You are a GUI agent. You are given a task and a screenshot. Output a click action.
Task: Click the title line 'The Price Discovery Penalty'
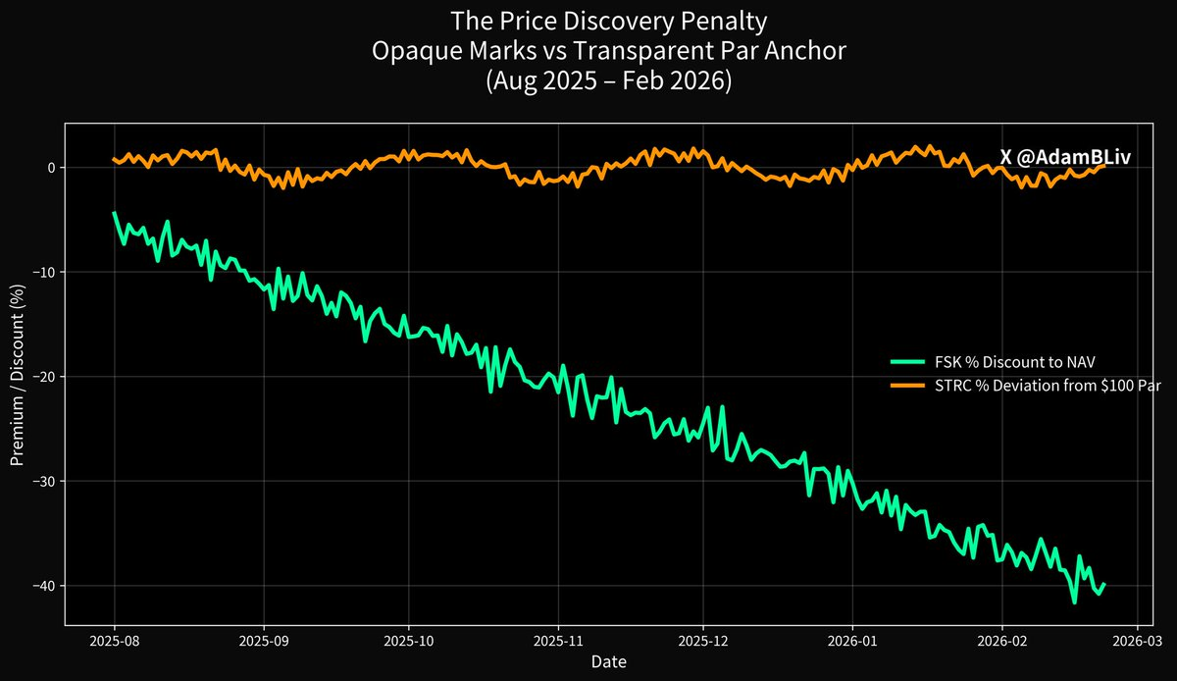[x=588, y=21]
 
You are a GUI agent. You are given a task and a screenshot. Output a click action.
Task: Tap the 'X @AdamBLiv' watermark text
[x=1065, y=157]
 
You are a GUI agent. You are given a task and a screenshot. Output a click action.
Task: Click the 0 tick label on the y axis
[x=52, y=168]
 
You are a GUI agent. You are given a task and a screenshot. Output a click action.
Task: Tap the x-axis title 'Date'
[x=608, y=662]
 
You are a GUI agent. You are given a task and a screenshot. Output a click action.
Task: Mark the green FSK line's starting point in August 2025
[x=114, y=212]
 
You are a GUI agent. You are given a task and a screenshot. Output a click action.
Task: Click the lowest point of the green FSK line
[x=1075, y=602]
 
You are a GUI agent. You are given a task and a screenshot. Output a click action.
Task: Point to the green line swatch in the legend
[x=907, y=362]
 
